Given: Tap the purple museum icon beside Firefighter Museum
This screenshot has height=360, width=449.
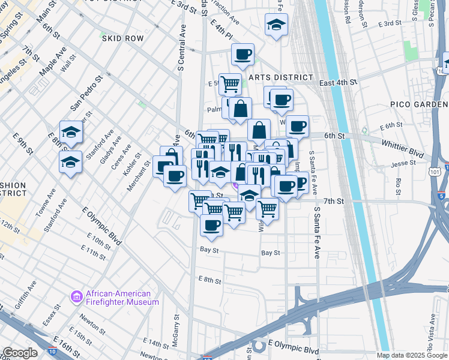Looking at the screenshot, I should pos(76,296).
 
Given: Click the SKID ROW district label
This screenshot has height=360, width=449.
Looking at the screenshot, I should pos(123,38).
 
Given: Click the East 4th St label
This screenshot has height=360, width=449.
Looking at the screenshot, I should pos(339,82).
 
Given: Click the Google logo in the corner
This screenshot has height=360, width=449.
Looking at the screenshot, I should pos(20,353).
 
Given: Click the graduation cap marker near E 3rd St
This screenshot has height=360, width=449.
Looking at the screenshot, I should pos(276,25).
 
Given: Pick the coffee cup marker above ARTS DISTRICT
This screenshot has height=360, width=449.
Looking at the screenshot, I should pos(243,55).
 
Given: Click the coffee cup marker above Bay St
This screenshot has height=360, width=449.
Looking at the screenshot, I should pos(211,225).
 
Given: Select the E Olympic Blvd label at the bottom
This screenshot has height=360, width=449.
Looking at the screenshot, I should pos(293,349).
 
